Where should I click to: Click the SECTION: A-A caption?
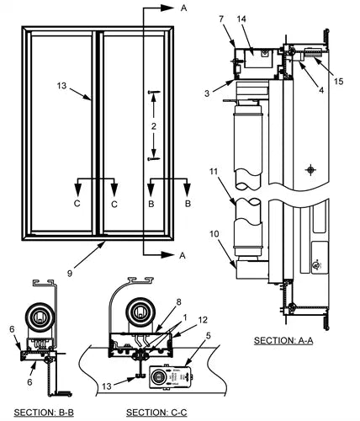[283, 340]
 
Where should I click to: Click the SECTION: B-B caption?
[44, 413]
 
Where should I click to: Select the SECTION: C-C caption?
[156, 413]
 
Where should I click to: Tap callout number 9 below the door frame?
[70, 273]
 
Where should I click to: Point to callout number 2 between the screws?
[154, 126]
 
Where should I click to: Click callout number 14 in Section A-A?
[241, 19]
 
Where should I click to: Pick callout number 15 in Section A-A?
[339, 81]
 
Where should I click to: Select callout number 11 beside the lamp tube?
[214, 171]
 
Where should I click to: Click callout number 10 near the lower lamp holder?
[214, 234]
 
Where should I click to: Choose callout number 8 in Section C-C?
[178, 302]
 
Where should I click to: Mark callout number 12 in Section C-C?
[203, 320]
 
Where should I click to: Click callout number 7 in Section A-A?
[221, 19]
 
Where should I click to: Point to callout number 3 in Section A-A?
[207, 93]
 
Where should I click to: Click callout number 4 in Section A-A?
[321, 90]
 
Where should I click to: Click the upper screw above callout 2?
[154, 92]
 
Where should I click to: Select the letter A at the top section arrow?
[183, 8]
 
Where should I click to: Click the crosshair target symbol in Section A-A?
[310, 170]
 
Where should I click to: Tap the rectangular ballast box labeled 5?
[171, 377]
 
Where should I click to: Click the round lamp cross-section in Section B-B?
[40, 317]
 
